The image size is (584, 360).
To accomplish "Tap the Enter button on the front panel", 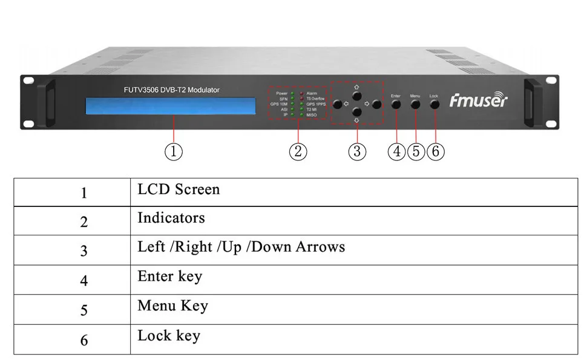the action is click(x=396, y=104).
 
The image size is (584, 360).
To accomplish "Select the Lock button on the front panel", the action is click(x=435, y=104).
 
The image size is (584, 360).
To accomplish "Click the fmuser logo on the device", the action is click(x=478, y=100).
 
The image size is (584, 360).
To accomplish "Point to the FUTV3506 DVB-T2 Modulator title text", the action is click(x=171, y=90).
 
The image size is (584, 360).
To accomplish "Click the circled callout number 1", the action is click(x=174, y=151).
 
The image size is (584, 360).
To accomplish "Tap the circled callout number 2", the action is click(x=298, y=151).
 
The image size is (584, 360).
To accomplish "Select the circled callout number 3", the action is click(x=357, y=151).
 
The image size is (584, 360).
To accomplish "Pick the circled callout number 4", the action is click(x=397, y=151).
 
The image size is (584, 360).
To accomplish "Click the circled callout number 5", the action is click(x=416, y=151).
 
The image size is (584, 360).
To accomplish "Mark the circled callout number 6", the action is click(x=436, y=151).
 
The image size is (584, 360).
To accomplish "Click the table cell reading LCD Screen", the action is click(x=179, y=190).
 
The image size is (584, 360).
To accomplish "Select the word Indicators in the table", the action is click(x=171, y=218).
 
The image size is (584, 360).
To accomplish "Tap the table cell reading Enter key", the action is click(x=170, y=277).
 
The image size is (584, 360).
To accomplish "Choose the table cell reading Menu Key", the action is click(x=172, y=306).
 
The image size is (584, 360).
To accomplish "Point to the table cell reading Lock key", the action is click(x=169, y=335).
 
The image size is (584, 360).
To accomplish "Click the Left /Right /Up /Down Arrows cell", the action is click(x=241, y=247).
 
